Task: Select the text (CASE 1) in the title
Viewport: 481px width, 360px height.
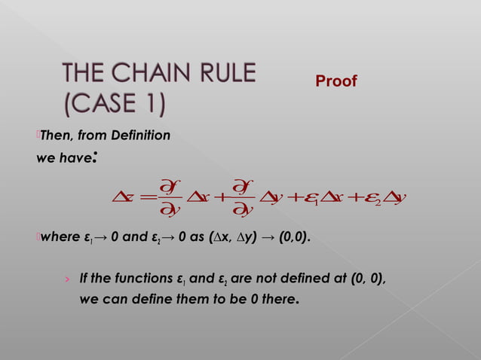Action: pos(114,103)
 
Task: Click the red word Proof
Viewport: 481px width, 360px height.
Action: pos(335,81)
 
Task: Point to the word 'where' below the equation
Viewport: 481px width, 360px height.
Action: pos(58,239)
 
